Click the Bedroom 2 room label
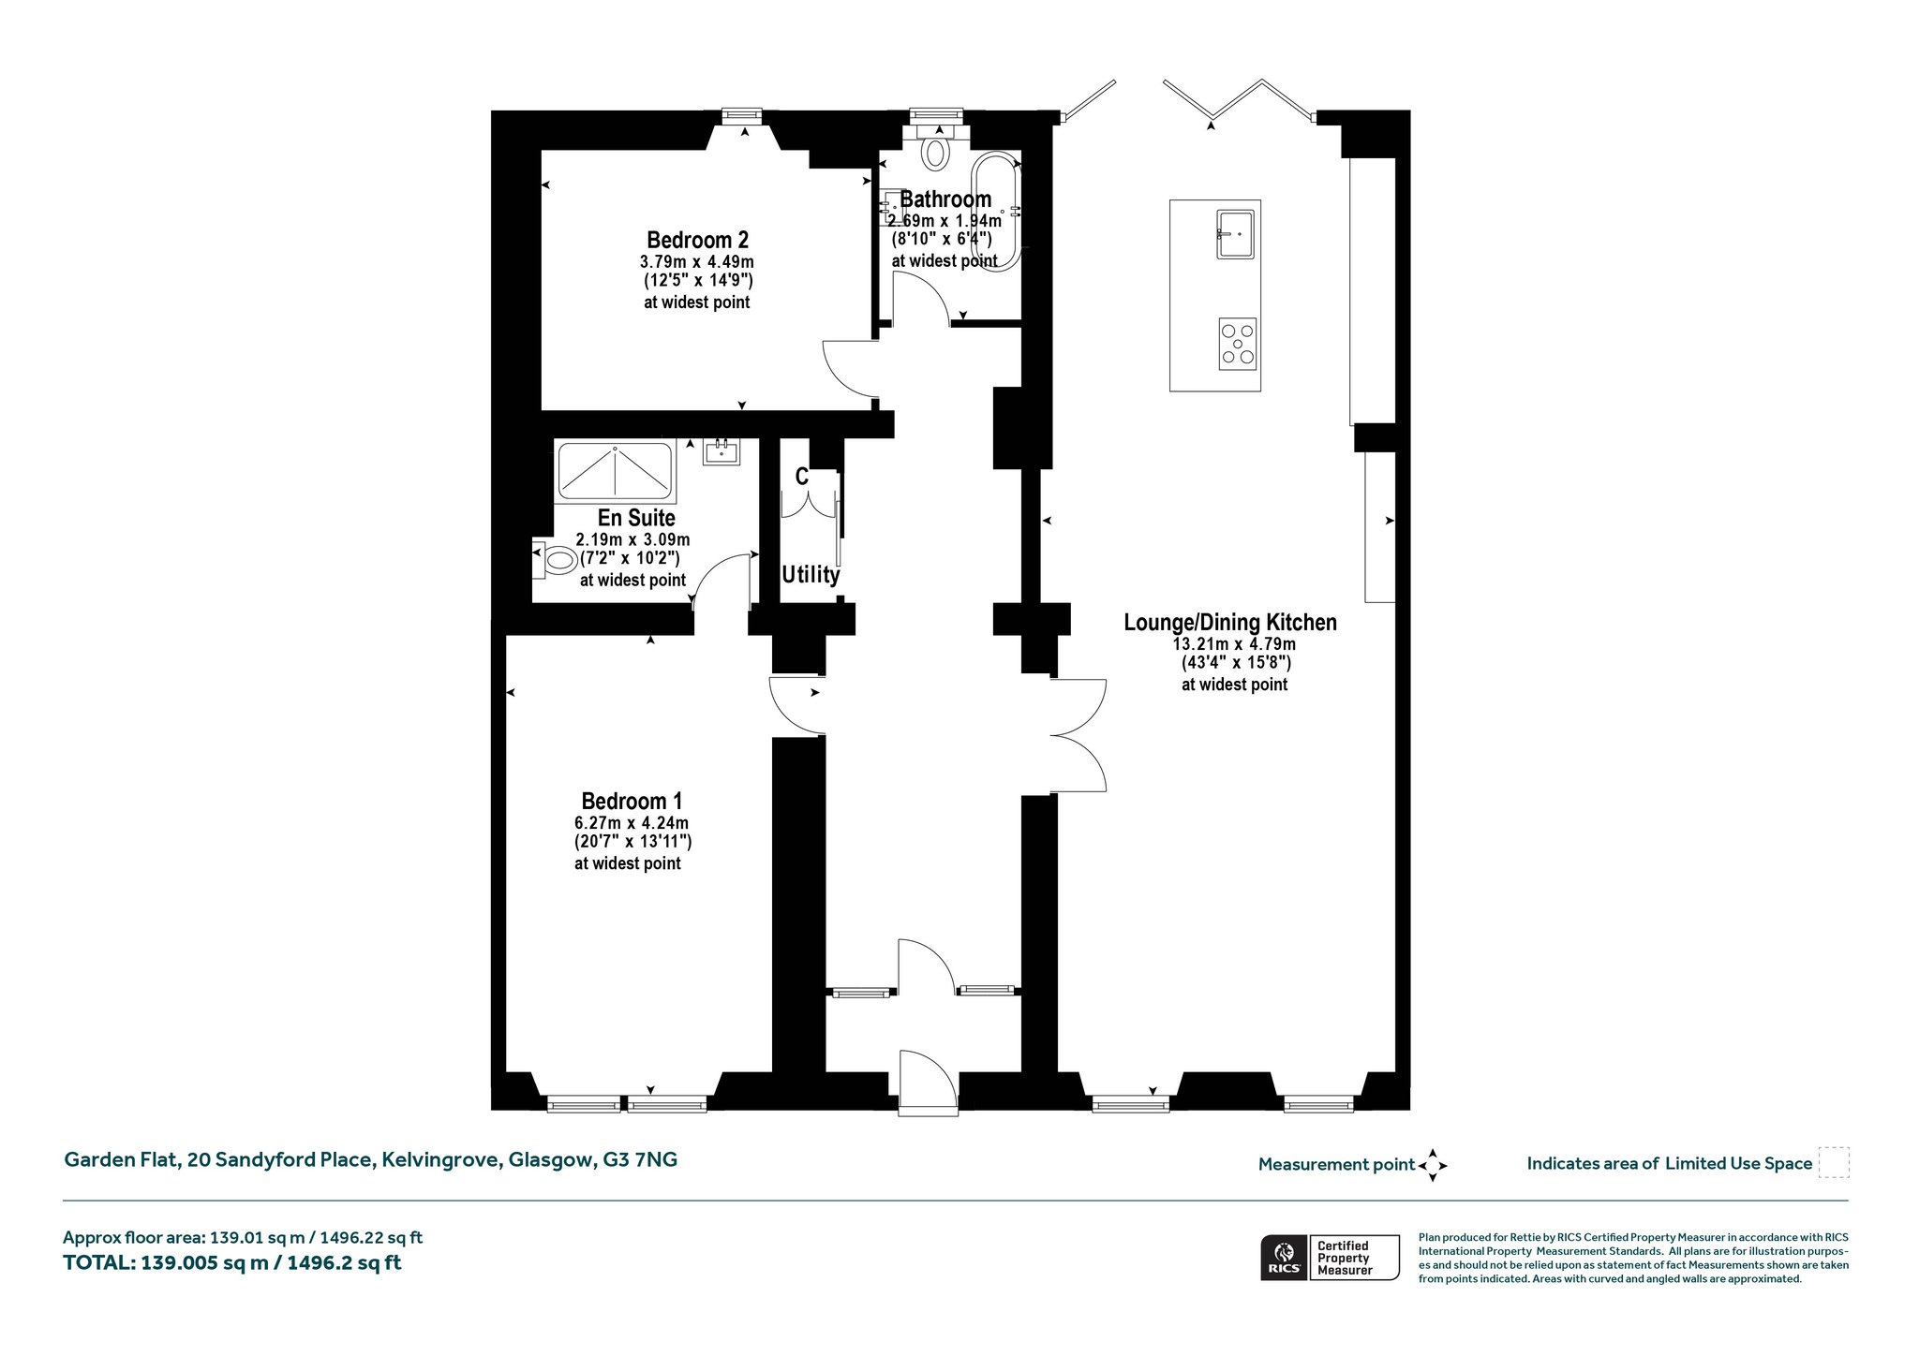[697, 240]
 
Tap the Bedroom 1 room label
[632, 802]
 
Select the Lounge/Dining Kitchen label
[1230, 623]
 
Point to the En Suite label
[636, 518]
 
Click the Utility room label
[811, 574]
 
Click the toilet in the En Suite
[555, 560]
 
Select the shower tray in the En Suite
[615, 471]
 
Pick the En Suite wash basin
[721, 451]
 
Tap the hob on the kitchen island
[1238, 344]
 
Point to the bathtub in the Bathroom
[996, 213]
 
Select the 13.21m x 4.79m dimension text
[1235, 644]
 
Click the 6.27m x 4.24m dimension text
[632, 823]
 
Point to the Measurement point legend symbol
[1433, 1165]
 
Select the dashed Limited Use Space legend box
[1834, 1163]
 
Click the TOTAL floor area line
[232, 1262]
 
